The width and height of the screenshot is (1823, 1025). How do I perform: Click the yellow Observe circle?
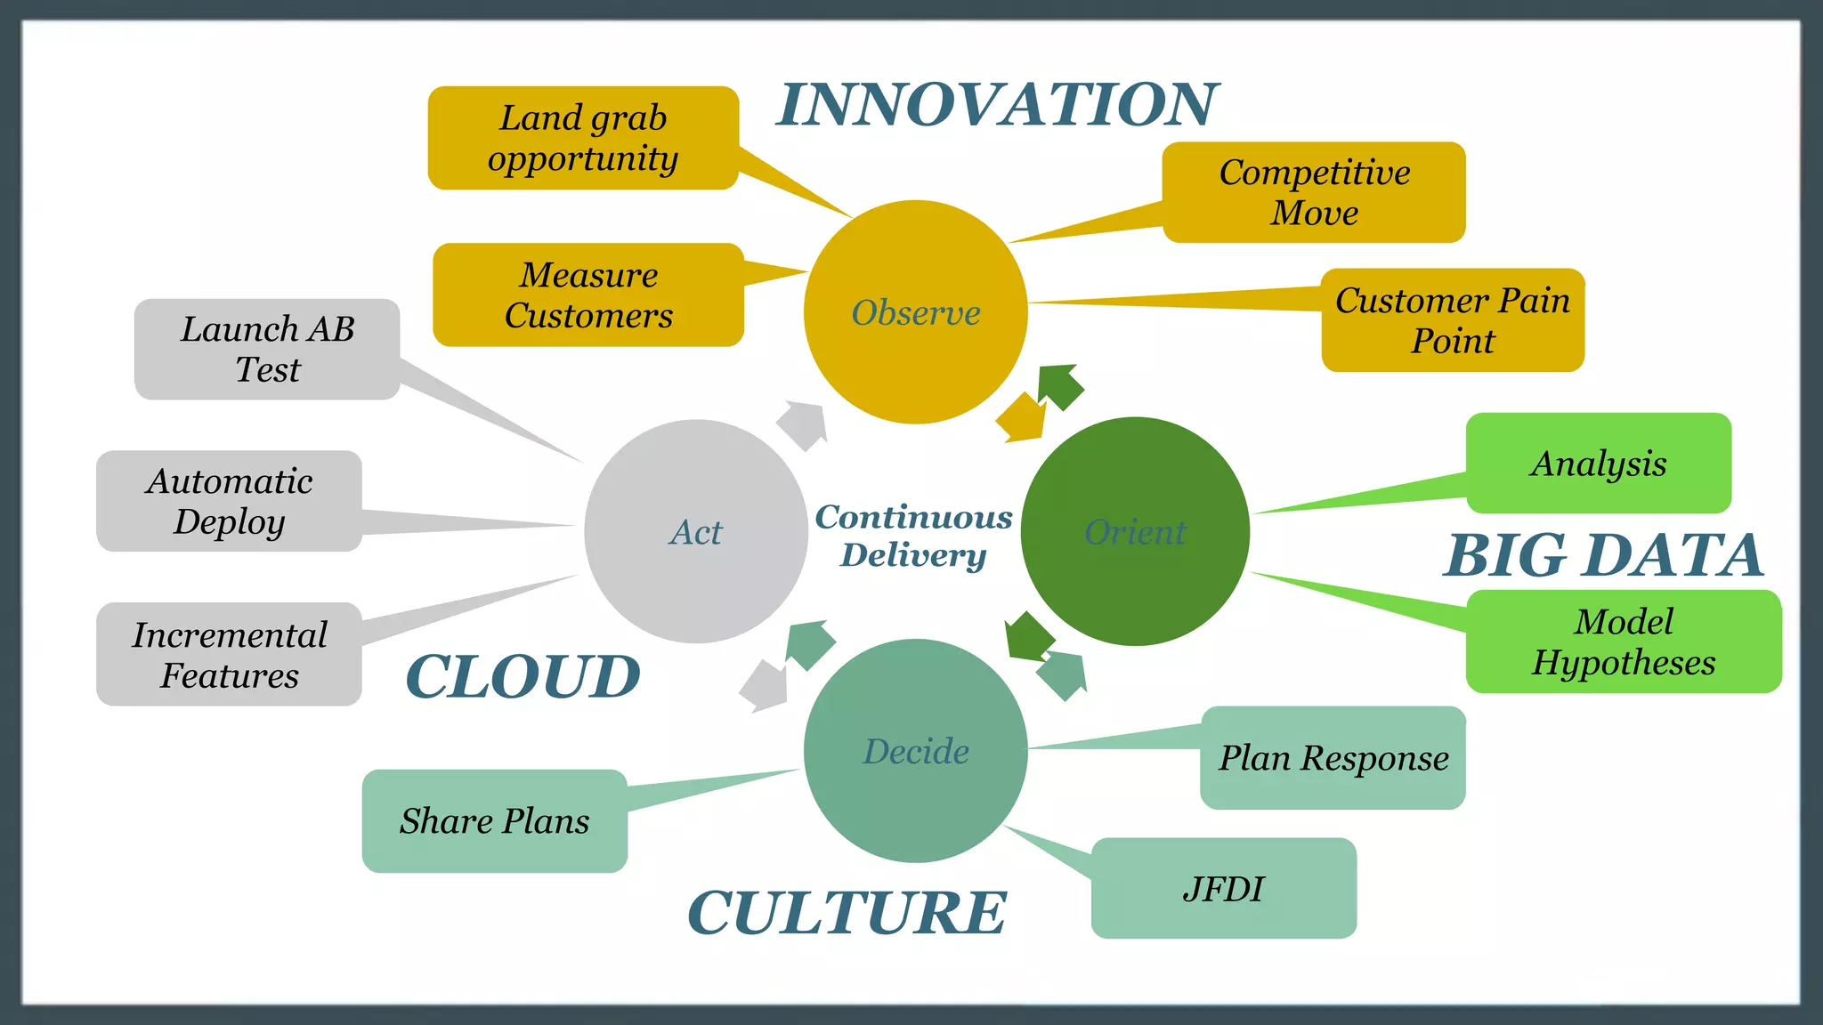coord(915,312)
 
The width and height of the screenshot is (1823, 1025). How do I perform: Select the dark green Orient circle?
coord(1135,531)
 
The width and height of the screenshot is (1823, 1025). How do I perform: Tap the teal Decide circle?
coord(915,750)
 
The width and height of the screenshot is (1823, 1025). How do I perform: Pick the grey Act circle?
coord(696,531)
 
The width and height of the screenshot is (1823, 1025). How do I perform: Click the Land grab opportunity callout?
coord(583,138)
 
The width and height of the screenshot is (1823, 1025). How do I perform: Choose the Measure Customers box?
coord(588,295)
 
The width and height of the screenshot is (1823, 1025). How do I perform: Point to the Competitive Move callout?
coord(1314,192)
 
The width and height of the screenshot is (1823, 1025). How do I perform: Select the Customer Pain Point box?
coord(1453,320)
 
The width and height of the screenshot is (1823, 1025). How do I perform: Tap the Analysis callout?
coord(1599,463)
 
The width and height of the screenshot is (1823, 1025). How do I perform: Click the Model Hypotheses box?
coord(1624,642)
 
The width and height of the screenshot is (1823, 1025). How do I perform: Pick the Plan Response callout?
coord(1333,758)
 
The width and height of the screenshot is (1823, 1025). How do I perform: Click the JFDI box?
coord(1224,888)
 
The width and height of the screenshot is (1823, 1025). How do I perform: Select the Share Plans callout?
coord(495,820)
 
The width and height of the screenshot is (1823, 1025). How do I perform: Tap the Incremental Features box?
coord(230,654)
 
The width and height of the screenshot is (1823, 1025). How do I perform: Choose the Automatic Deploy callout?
coord(230,501)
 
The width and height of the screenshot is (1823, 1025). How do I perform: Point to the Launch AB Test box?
coord(267,349)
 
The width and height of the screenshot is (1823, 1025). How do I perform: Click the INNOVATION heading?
coord(997,104)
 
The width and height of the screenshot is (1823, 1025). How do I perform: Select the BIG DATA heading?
coord(1604,555)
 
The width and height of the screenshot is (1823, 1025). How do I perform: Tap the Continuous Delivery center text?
coord(914,535)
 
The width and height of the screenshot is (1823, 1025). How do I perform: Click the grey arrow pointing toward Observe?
coord(803,424)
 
